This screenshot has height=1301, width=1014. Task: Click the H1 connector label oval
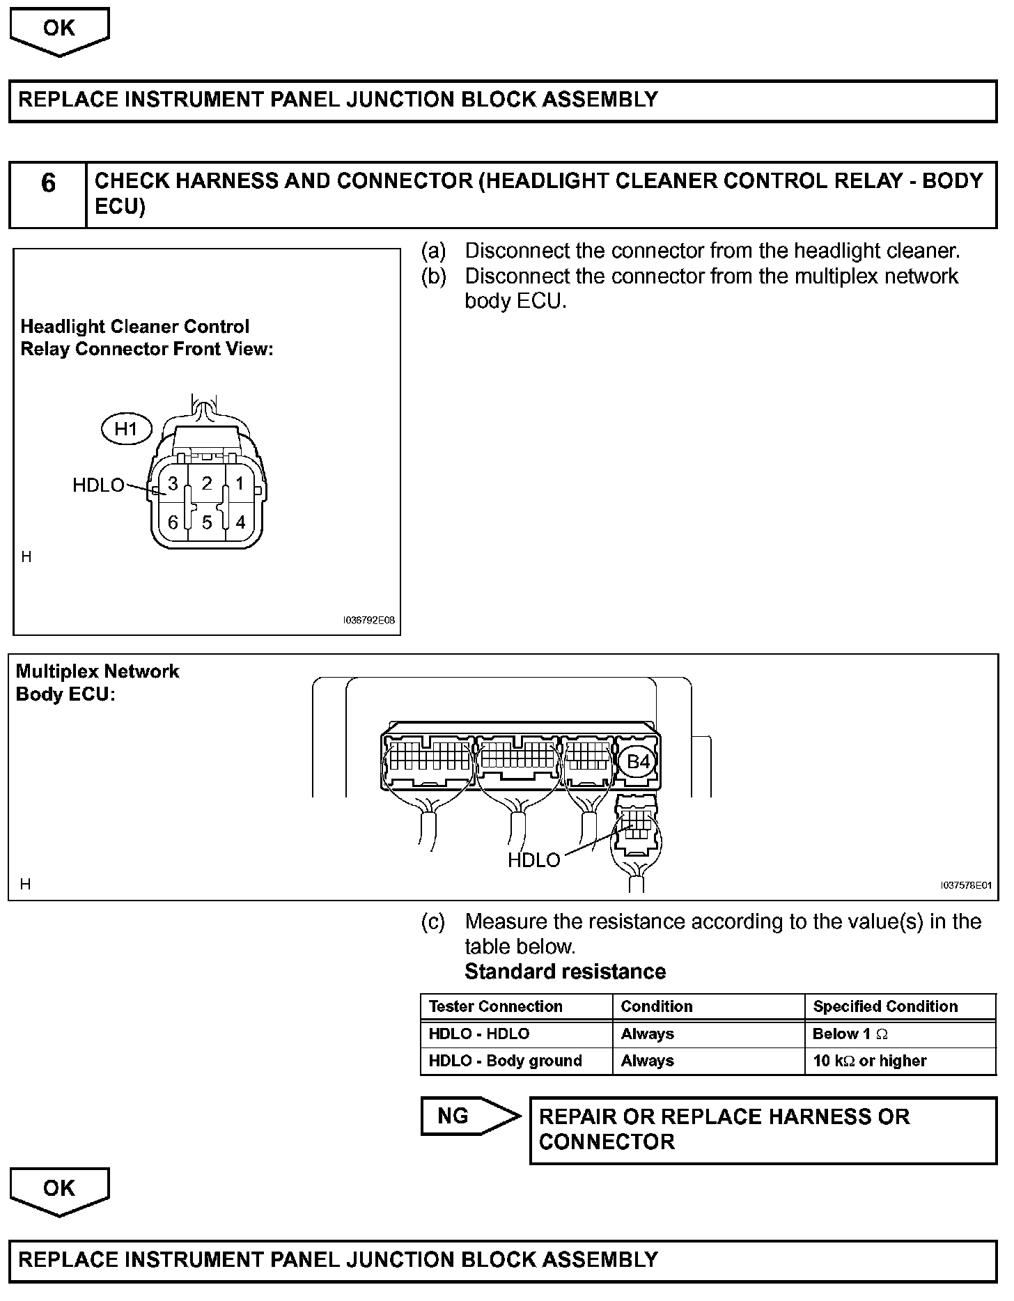[x=126, y=429]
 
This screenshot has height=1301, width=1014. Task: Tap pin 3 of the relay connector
[x=173, y=483]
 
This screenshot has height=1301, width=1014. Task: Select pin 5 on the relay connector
[x=207, y=522]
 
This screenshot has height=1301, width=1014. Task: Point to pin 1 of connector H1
[x=240, y=483]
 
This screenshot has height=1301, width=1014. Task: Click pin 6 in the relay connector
[x=173, y=522]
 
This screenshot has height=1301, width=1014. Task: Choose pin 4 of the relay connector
[x=240, y=522]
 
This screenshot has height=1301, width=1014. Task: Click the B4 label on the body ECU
[x=638, y=761]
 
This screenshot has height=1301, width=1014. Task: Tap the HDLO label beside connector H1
[x=98, y=485]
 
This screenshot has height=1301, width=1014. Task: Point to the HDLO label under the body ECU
[x=533, y=860]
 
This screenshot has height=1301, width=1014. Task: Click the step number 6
[x=48, y=183]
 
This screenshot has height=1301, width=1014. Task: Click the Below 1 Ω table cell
[x=850, y=1034]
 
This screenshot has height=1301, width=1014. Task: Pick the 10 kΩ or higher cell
[x=869, y=1061]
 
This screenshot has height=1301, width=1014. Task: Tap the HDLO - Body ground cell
[x=505, y=1061]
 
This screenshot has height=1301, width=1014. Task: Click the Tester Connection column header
[x=495, y=1006]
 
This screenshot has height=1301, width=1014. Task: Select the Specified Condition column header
[x=885, y=1006]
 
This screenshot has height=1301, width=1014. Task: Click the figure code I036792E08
[x=368, y=620]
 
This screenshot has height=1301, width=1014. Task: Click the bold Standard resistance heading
[x=565, y=972]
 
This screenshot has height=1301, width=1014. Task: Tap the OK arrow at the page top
[x=59, y=30]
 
